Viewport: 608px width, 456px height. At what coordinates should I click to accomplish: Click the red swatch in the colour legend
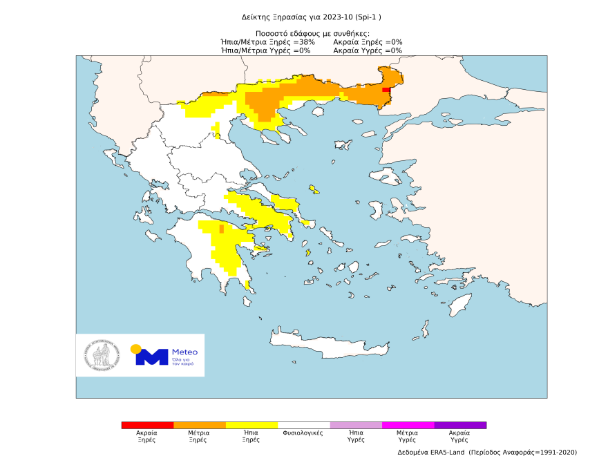coord(147,426)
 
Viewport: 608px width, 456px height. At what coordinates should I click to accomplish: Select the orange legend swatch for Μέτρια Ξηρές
coord(200,426)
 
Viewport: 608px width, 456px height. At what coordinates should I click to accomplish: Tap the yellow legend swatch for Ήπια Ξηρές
coord(251,426)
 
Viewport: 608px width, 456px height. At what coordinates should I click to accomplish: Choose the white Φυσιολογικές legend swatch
coord(304,426)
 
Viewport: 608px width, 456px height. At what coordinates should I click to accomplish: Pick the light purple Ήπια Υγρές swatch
coord(356,426)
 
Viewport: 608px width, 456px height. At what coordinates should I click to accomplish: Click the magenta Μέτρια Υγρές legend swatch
coord(408,426)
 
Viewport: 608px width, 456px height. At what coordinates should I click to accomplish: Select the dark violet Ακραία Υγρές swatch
coord(460,426)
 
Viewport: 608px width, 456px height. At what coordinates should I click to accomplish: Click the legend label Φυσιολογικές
coord(304,433)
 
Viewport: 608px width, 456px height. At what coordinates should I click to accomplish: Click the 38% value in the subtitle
coord(305,41)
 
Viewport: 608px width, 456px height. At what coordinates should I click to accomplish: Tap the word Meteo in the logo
coord(184,351)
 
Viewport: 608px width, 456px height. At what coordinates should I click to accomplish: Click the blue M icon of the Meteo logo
coord(152,357)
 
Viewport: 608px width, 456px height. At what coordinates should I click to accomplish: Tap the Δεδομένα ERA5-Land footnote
coord(487,452)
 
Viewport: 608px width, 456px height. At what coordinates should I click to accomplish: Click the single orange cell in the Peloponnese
coord(221,229)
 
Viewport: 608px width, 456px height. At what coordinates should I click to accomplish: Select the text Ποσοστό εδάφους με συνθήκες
coord(312,33)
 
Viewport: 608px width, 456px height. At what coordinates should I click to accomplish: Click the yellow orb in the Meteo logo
coord(136,348)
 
